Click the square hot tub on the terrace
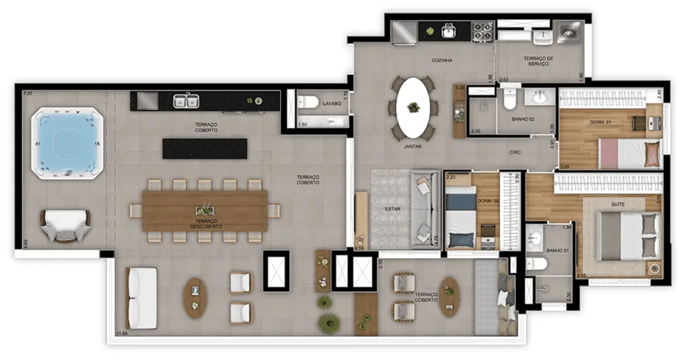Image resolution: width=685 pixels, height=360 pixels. point(67,142)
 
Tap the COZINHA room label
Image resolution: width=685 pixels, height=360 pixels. point(442,60)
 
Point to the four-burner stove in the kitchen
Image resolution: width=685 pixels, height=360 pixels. point(482,32)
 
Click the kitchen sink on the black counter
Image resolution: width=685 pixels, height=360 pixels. point(448,32)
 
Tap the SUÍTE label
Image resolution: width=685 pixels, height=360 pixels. point(617,204)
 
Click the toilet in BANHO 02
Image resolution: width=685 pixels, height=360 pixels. point(509,100)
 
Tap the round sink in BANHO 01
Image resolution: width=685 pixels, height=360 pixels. point(535,239)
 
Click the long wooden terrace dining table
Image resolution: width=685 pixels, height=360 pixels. point(205,210)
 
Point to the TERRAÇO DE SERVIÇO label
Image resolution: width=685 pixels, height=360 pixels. point(538,61)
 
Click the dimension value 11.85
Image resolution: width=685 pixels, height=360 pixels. point(121,333)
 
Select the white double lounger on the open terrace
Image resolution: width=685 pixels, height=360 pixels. point(142,297)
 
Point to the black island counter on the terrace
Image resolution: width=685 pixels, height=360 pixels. point(205,148)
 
